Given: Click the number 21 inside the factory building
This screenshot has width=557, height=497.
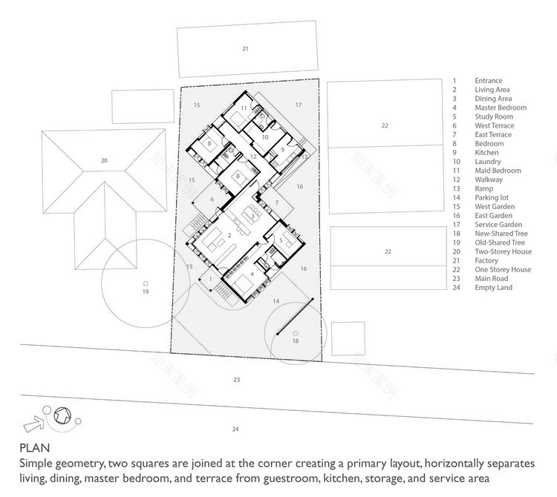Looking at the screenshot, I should [245, 49].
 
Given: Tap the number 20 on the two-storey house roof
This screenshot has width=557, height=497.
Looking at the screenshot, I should [104, 160].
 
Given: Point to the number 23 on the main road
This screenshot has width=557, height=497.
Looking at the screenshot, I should [236, 380].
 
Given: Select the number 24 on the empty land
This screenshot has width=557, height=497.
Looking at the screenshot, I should [236, 429].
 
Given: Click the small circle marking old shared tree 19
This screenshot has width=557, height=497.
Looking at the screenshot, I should [146, 283].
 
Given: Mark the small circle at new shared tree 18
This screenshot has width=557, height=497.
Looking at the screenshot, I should [296, 333].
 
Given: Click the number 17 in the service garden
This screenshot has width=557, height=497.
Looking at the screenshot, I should [299, 105].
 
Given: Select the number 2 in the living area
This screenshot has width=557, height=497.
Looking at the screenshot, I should [230, 235].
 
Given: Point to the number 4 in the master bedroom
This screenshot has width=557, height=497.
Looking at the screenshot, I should [252, 274].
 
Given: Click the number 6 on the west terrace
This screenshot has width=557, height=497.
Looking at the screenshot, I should [212, 200].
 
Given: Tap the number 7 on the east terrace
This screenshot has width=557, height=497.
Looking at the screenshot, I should [276, 203].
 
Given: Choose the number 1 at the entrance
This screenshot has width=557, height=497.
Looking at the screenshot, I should [210, 279].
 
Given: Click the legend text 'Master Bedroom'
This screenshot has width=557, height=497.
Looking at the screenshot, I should [501, 108].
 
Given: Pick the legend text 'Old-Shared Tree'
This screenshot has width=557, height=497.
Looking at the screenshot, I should [500, 243].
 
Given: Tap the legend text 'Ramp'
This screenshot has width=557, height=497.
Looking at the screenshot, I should [484, 188].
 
